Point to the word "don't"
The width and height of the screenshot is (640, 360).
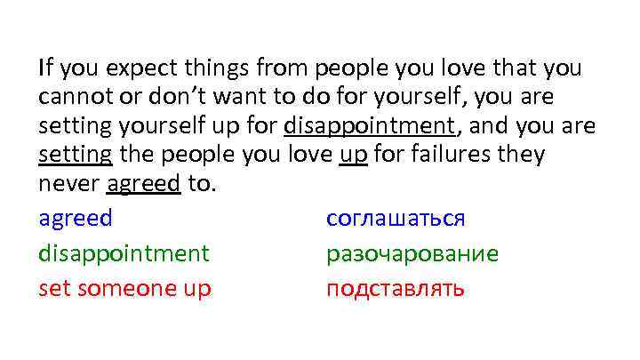click(170, 97)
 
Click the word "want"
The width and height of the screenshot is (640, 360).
click(232, 97)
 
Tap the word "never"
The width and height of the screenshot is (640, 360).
click(68, 184)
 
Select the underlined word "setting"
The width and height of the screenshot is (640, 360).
click(76, 155)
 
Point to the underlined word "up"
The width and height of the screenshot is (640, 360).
click(353, 155)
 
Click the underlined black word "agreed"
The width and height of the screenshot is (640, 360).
click(144, 184)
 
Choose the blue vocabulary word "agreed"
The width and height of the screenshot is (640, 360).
click(76, 219)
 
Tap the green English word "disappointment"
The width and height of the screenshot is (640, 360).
click(124, 253)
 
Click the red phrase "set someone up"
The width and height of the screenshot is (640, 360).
click(124, 288)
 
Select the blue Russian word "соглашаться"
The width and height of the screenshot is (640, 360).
click(396, 219)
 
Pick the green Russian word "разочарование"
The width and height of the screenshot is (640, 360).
click(412, 253)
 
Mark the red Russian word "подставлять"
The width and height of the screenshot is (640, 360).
click(395, 288)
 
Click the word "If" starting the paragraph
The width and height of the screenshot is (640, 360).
click(45, 68)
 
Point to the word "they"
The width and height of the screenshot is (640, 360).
click(520, 155)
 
